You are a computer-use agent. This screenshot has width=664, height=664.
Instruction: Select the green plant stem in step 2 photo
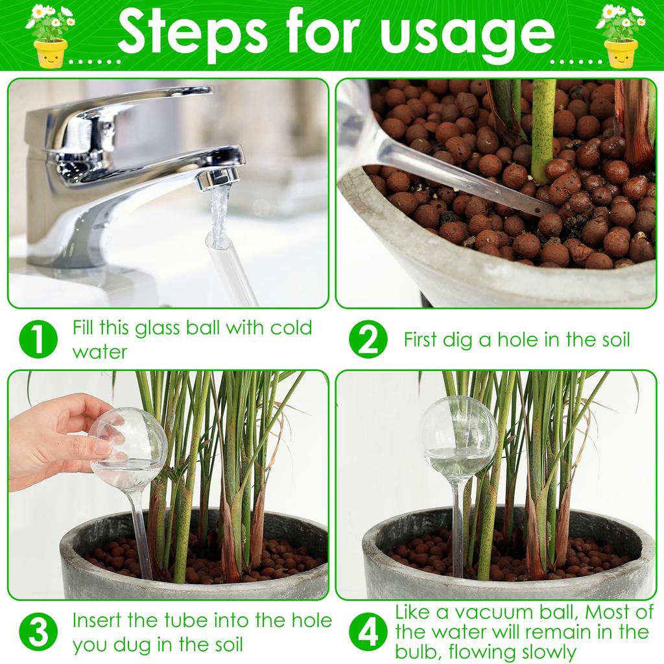pos(543,130)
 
